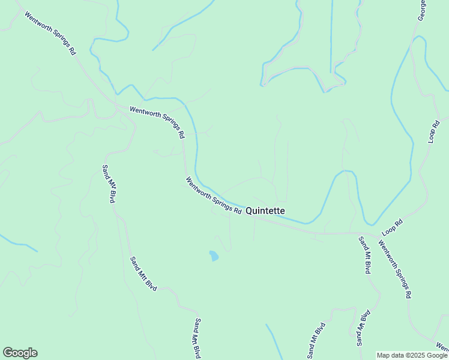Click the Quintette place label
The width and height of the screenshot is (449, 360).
click(265, 211)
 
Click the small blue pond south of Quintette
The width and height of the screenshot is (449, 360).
click(214, 256)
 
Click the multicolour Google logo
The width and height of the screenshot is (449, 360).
click(20, 353)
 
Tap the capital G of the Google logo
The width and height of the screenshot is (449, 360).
click(8, 353)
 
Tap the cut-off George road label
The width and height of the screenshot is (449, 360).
click(423, 10)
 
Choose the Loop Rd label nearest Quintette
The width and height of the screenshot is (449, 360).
click(391, 227)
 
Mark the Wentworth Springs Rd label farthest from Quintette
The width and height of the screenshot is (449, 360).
click(50, 33)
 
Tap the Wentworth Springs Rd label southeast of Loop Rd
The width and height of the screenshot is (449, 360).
click(395, 269)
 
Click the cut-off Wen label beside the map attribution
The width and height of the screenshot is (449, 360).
click(442, 347)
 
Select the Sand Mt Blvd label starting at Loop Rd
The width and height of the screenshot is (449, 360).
click(364, 255)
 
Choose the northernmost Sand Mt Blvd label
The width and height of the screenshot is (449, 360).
click(108, 184)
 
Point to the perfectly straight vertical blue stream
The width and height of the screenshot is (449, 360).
click(331, 36)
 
